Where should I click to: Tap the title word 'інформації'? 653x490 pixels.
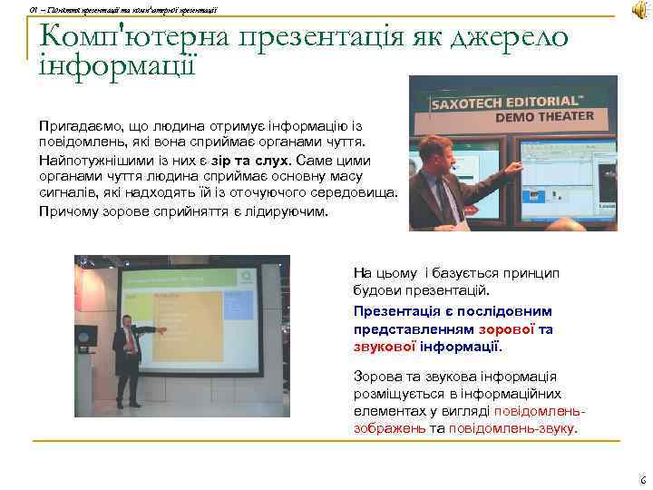(117, 64)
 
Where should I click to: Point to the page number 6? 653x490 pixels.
(642, 480)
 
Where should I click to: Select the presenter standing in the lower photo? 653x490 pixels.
(128, 358)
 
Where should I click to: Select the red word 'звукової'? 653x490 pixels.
(380, 347)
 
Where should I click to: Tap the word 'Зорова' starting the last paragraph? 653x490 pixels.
(375, 377)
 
